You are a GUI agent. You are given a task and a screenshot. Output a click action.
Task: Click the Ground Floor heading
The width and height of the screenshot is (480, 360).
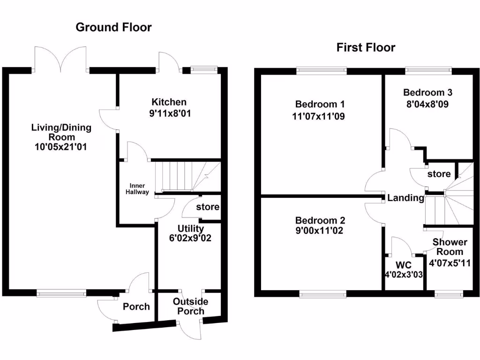[x=113, y=28]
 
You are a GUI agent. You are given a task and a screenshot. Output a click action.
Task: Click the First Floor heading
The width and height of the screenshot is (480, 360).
[x=366, y=47]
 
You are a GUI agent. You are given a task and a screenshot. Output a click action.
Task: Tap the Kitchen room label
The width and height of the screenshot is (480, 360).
[x=169, y=102]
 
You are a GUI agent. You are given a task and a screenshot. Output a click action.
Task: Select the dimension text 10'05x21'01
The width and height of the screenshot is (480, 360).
[x=61, y=147]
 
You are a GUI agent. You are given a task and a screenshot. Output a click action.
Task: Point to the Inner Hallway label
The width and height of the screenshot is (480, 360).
[x=137, y=188]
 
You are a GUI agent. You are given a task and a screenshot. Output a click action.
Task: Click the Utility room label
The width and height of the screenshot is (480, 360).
[x=190, y=229]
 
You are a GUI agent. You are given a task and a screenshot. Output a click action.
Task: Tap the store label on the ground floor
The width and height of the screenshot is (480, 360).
[x=208, y=207]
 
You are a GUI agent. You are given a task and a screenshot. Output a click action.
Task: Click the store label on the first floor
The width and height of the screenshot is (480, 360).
[x=439, y=174]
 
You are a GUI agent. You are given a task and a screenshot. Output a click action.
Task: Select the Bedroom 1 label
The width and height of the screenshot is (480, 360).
[x=320, y=104]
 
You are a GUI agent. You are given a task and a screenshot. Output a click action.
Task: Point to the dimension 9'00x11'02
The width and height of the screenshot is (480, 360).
[x=320, y=231]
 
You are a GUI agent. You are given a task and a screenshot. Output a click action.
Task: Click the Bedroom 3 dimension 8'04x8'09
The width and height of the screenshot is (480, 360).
[x=427, y=104]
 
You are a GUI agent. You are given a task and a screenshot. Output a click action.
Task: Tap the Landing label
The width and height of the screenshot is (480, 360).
[x=405, y=198]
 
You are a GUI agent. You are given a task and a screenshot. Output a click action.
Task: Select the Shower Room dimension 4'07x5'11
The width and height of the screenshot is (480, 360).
[x=450, y=263]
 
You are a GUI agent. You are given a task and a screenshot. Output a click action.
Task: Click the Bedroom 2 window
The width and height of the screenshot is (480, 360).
[x=323, y=294]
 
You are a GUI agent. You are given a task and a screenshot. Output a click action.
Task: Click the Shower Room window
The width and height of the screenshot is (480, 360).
[x=449, y=294]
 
